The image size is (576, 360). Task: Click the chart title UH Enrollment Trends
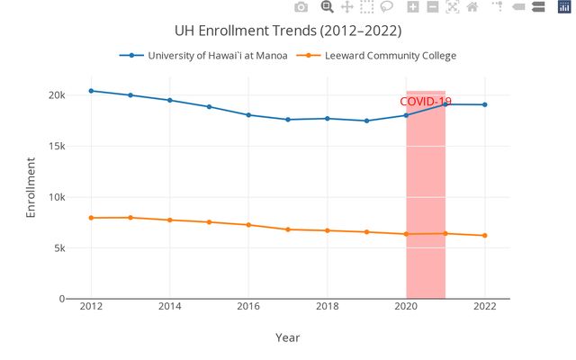click(288, 31)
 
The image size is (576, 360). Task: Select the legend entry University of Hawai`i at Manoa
click(218, 56)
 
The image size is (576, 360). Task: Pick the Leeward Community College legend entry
click(391, 56)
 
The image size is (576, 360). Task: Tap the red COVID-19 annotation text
click(426, 102)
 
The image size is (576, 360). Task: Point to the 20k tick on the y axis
click(57, 95)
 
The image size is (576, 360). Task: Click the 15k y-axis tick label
click(57, 147)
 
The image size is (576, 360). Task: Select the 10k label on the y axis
click(57, 197)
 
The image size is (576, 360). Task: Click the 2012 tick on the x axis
click(91, 306)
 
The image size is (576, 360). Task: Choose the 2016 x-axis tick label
click(248, 306)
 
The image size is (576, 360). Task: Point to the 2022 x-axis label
click(484, 306)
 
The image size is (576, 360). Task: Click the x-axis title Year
click(287, 337)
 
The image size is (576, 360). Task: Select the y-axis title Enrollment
click(31, 188)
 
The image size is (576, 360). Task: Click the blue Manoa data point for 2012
click(91, 91)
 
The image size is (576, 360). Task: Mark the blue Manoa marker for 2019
click(366, 121)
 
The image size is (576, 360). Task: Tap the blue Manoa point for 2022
click(484, 104)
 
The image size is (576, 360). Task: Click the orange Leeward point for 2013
click(130, 217)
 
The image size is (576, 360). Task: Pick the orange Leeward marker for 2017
click(288, 229)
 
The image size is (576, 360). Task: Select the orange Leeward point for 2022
click(484, 236)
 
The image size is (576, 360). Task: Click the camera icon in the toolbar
click(301, 7)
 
